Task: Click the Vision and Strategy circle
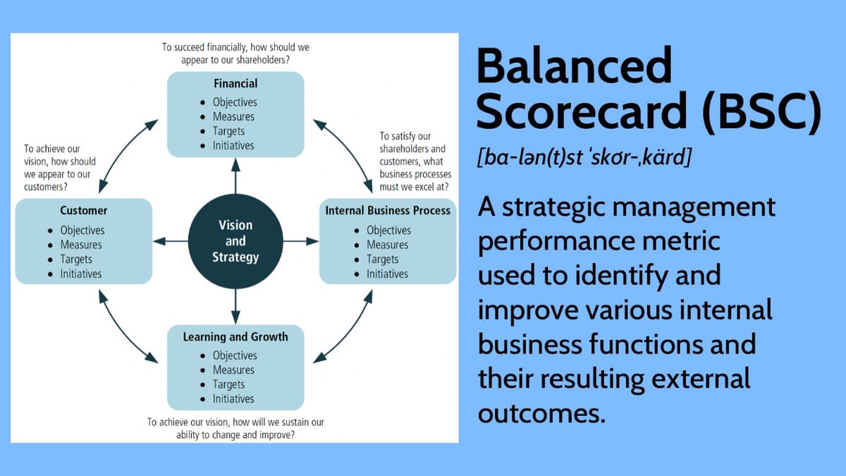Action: pyautogui.click(x=235, y=241)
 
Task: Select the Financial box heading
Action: pyautogui.click(x=235, y=84)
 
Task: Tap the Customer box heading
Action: pyautogui.click(x=83, y=210)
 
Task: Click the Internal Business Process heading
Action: pyautogui.click(x=387, y=210)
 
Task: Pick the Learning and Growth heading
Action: pyautogui.click(x=235, y=337)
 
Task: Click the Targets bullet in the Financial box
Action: pyautogui.click(x=228, y=131)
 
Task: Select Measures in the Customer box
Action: pyautogui.click(x=80, y=245)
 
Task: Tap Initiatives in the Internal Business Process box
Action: pyautogui.click(x=387, y=274)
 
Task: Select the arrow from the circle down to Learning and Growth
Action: pyautogui.click(x=235, y=306)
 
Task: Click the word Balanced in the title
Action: pyautogui.click(x=574, y=67)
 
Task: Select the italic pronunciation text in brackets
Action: pyautogui.click(x=584, y=157)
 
